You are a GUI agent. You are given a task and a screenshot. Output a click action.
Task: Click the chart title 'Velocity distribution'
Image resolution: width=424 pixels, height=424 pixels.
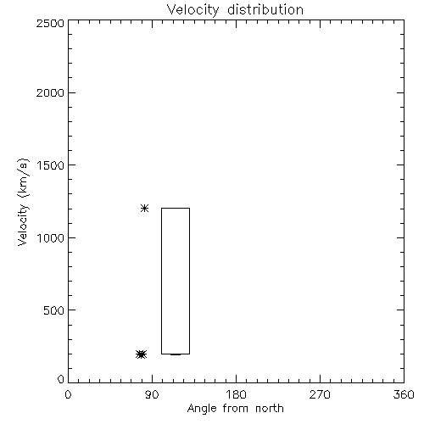(x=235, y=9)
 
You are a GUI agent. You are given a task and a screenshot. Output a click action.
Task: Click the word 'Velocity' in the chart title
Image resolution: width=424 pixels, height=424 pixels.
(x=193, y=9)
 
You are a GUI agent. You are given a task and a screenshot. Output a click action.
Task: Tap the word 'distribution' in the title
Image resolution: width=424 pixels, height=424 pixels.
(x=265, y=9)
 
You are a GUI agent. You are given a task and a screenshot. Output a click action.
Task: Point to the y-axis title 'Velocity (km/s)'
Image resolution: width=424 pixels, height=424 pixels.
(x=23, y=202)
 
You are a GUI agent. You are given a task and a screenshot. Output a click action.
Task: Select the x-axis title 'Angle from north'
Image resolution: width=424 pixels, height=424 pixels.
(x=236, y=409)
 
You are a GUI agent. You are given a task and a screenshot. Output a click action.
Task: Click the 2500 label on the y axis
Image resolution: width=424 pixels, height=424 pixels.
(x=50, y=23)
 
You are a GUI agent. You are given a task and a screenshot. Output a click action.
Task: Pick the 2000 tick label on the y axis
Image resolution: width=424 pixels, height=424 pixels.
(x=50, y=92)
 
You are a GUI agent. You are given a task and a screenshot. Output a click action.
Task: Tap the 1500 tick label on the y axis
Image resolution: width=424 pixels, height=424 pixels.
(x=51, y=165)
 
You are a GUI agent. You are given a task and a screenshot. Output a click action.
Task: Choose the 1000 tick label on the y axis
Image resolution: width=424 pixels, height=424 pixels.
(x=51, y=238)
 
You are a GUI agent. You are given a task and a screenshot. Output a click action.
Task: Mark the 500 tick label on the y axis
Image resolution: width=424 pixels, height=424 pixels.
(x=54, y=310)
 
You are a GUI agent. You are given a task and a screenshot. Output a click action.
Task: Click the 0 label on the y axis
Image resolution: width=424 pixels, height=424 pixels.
(x=61, y=379)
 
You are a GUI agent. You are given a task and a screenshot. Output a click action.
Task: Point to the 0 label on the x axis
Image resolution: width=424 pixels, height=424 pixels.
(x=68, y=394)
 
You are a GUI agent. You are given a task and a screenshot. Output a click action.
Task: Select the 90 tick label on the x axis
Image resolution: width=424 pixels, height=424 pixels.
(x=152, y=394)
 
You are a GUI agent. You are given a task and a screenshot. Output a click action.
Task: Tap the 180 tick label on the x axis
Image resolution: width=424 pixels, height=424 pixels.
(x=236, y=394)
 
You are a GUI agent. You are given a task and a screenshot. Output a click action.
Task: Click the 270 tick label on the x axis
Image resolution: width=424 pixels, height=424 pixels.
(x=320, y=394)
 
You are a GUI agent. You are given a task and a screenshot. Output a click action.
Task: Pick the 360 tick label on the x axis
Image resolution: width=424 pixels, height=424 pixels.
(x=404, y=394)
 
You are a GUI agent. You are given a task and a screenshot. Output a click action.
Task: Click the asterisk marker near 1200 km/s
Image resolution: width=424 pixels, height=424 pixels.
(x=145, y=209)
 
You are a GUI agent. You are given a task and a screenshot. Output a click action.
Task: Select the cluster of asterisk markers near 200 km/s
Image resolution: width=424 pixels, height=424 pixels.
(x=142, y=354)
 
